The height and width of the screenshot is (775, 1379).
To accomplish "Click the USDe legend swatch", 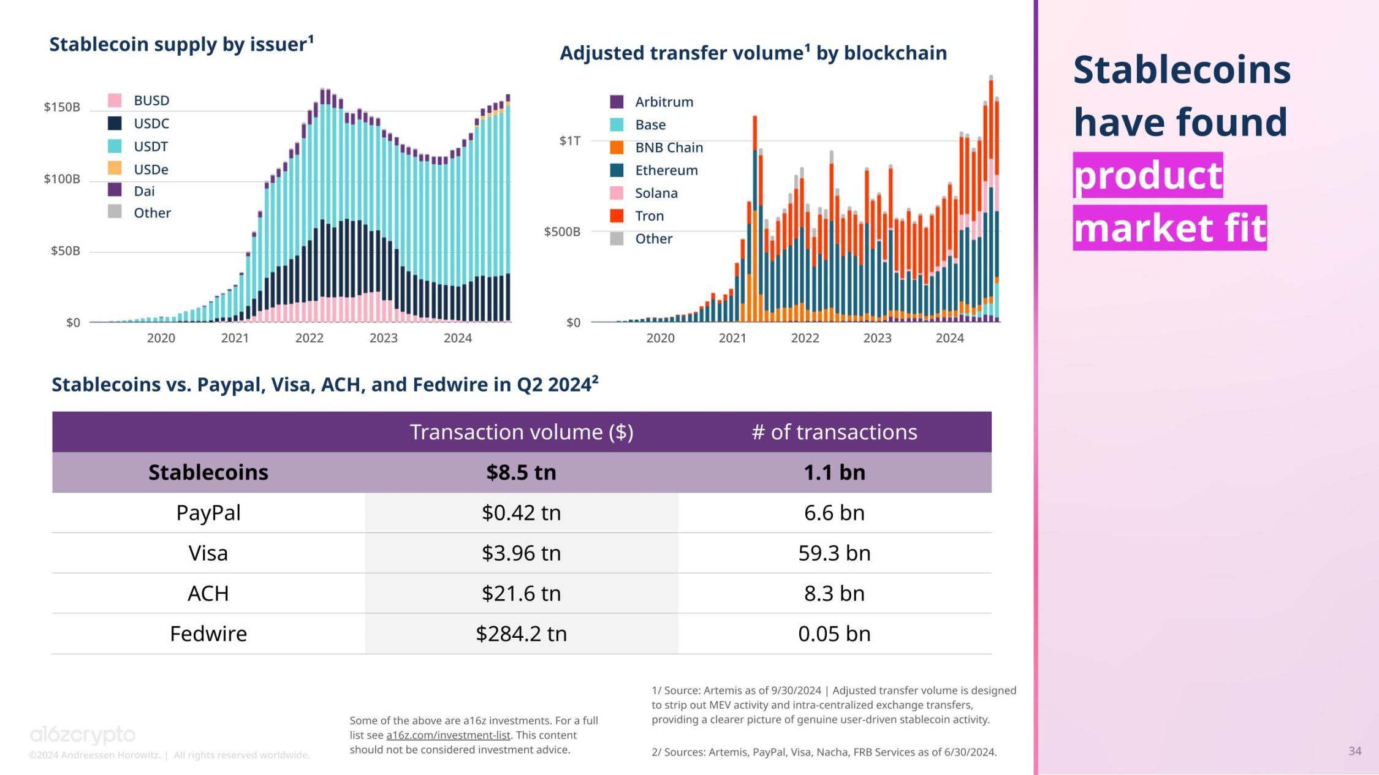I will [115, 168].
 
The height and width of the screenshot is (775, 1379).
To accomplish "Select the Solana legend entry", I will [656, 193].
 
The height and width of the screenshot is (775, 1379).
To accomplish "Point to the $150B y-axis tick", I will [61, 107].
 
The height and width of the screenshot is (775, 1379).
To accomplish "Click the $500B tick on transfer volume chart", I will [561, 232].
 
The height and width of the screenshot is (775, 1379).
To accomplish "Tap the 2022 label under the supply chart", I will [309, 338].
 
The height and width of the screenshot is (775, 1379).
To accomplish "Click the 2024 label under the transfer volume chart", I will [949, 338].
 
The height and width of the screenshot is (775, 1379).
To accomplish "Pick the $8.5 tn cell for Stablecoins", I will [521, 472].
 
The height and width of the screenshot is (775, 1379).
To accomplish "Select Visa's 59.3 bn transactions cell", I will [834, 553].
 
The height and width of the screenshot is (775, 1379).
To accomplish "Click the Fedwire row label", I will [208, 633].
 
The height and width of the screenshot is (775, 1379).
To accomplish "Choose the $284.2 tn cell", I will [521, 633].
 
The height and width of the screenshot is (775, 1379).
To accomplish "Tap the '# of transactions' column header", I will [834, 432].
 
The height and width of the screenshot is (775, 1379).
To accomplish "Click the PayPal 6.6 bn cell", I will [834, 513].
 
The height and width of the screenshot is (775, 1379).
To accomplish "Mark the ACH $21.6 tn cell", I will [521, 593].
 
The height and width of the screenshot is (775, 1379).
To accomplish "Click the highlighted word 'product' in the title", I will [1147, 175].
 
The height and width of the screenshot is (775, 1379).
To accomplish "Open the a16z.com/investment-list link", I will [448, 735].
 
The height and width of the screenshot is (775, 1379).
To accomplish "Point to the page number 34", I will [1354, 750].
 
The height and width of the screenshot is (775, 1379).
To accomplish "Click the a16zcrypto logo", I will [83, 734].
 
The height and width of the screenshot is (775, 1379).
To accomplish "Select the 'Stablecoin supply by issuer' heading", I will [181, 44].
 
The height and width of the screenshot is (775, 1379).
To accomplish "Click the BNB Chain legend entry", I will [668, 148].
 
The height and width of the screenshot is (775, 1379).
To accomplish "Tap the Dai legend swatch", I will [115, 190].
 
